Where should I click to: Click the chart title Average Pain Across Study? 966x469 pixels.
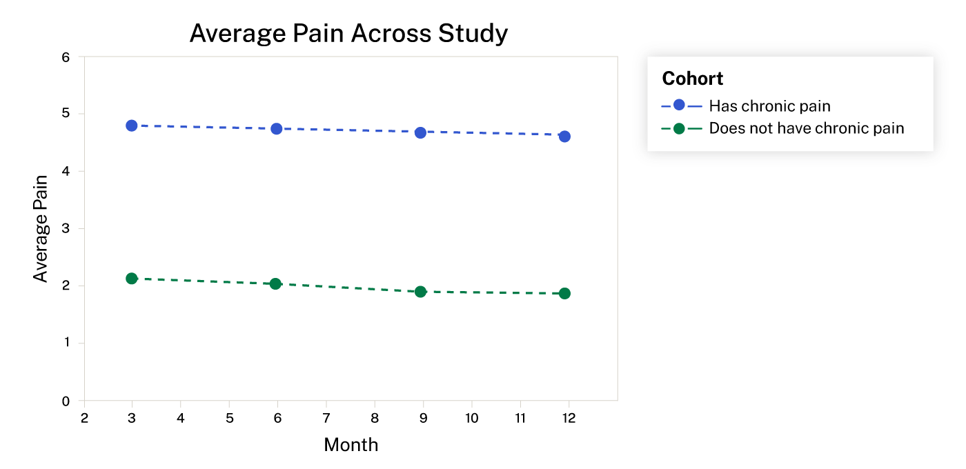click(348, 33)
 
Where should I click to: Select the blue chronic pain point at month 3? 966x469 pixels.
click(132, 126)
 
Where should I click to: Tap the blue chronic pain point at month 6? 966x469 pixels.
click(277, 128)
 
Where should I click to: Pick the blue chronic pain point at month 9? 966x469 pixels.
click(420, 132)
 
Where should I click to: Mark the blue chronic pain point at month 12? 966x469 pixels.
click(564, 136)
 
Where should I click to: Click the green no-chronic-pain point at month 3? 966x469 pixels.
click(132, 278)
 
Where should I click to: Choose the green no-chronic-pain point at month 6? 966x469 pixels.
click(275, 283)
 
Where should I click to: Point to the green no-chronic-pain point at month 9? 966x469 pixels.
click(420, 292)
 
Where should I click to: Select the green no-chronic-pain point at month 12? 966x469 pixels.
click(564, 293)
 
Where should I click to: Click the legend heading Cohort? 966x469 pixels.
click(692, 79)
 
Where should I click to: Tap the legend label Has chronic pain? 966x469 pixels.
click(769, 106)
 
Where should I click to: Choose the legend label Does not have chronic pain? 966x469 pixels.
click(806, 128)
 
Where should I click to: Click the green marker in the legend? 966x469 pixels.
click(679, 128)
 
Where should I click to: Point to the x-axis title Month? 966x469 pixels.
click(351, 445)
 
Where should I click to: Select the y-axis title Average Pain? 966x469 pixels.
click(41, 228)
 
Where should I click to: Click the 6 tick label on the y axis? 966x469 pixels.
click(66, 57)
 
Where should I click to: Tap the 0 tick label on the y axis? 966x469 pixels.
click(66, 401)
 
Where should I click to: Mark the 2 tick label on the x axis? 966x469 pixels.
click(84, 418)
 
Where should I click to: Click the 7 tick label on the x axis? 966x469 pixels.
click(326, 418)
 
